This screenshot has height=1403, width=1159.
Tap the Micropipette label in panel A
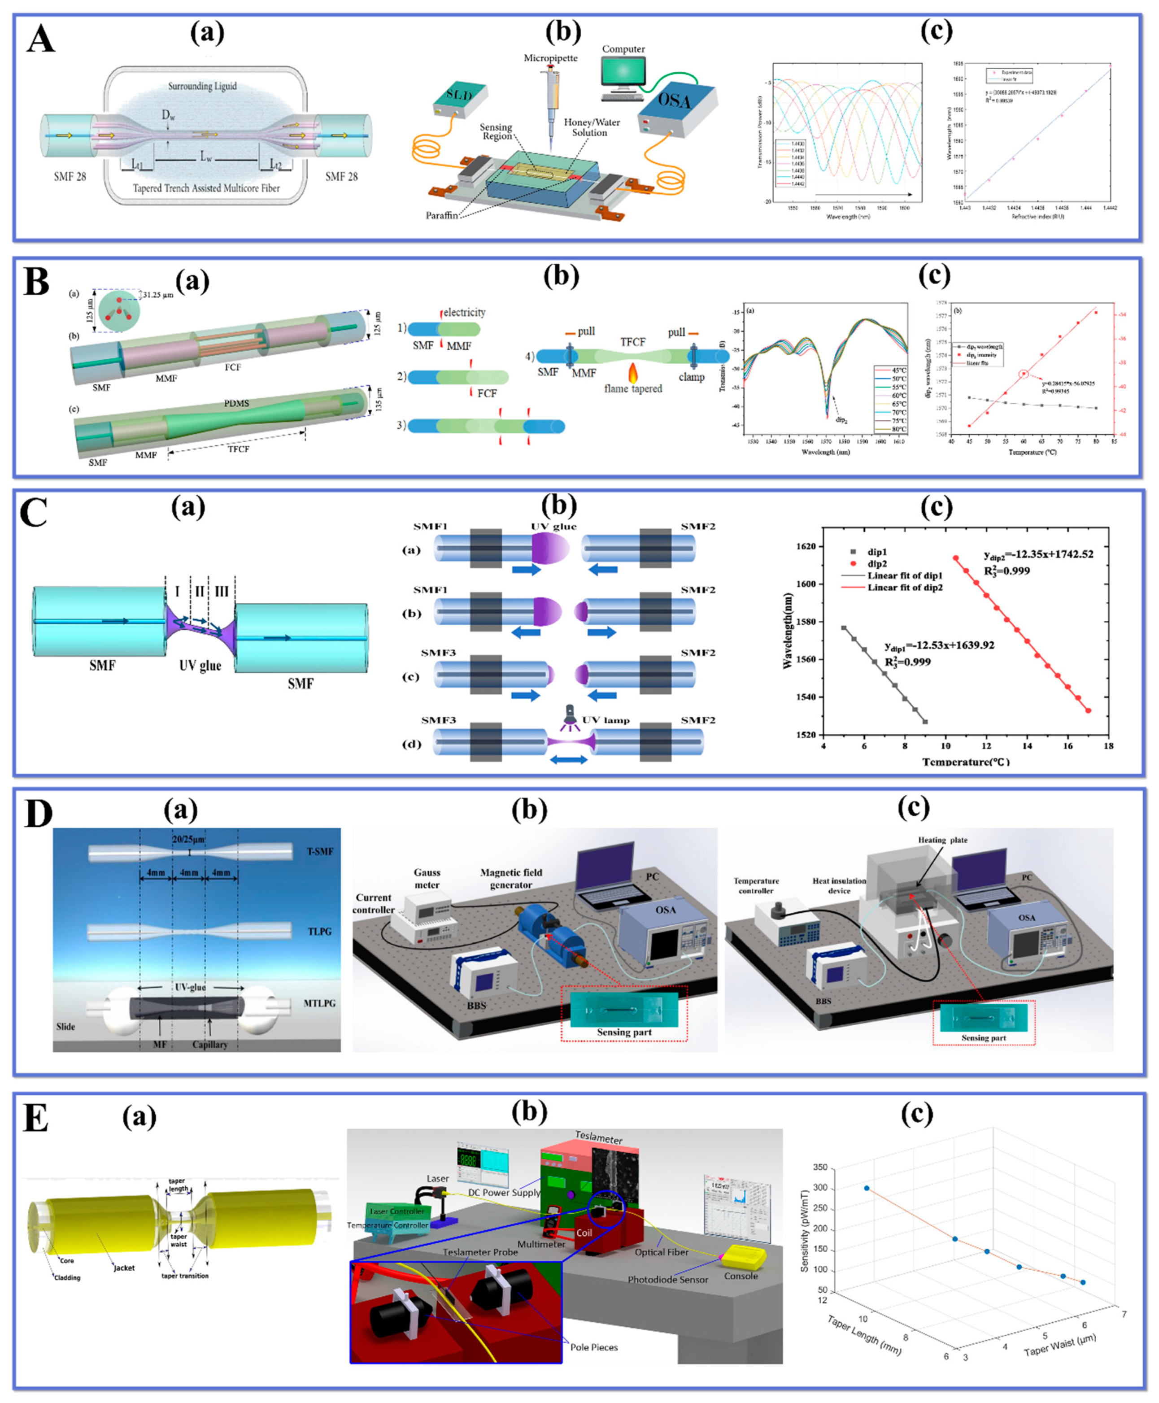550,58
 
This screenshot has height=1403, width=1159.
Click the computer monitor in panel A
623,74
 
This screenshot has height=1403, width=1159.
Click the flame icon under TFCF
633,372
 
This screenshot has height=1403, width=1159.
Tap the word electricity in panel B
464,312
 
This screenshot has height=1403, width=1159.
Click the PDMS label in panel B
236,404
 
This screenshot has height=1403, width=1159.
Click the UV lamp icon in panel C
570,714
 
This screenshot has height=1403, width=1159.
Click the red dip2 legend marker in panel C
853,564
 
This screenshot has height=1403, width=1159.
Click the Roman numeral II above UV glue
199,591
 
